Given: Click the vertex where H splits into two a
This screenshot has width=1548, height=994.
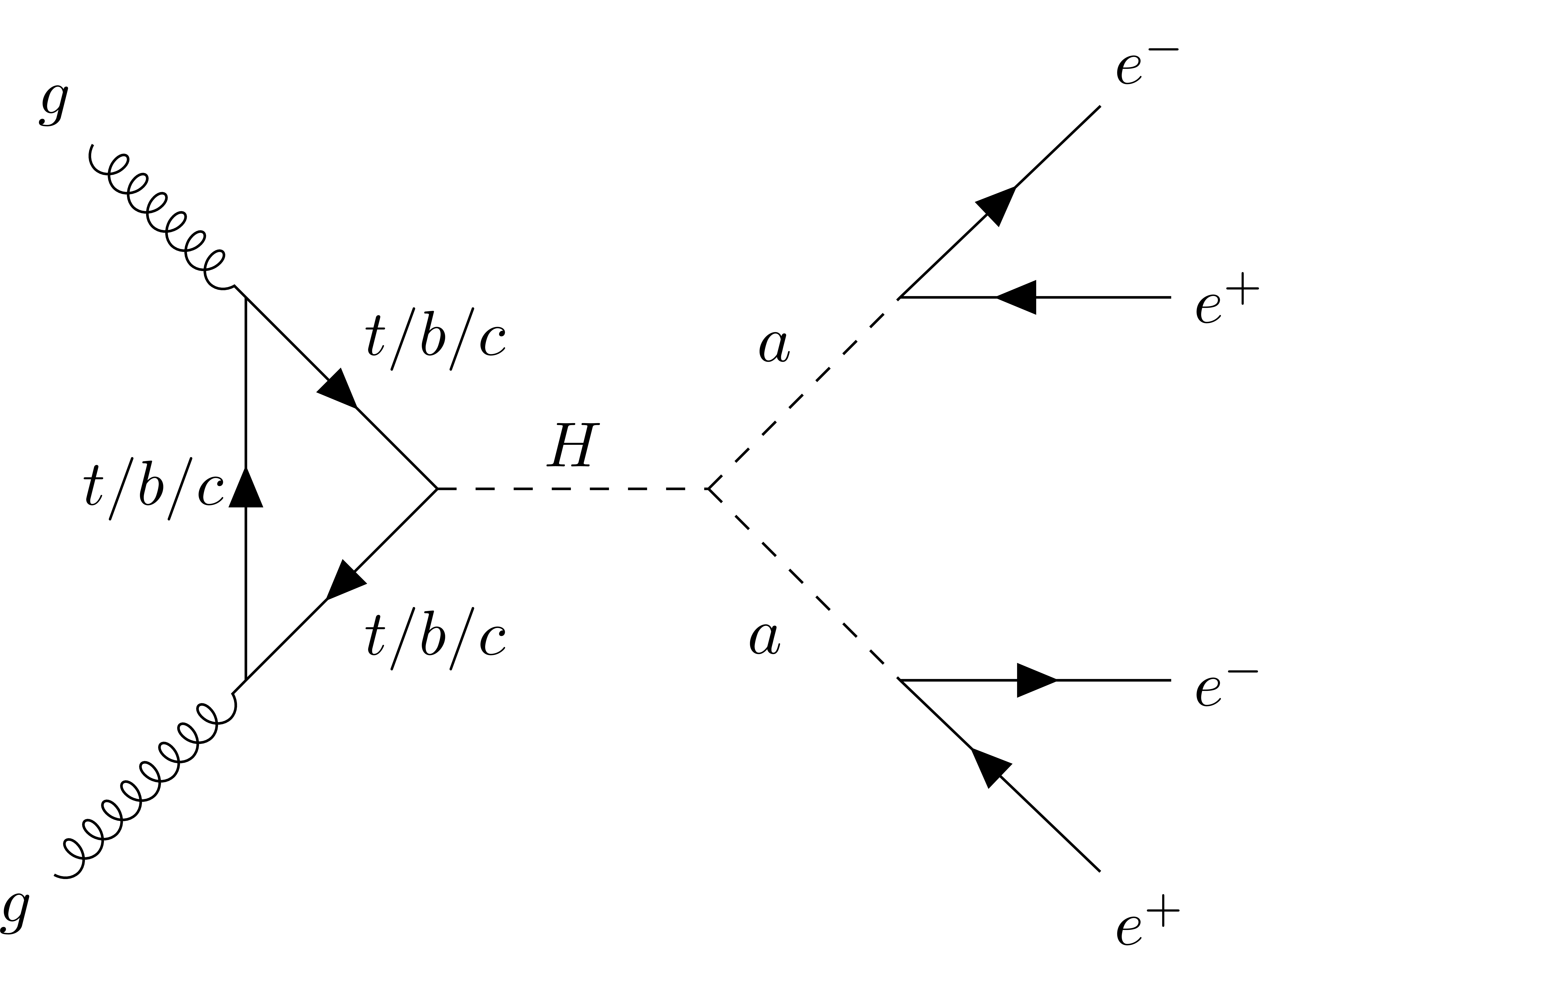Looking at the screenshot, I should (x=709, y=489).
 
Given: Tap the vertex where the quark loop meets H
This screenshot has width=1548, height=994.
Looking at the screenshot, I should (x=437, y=489).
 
